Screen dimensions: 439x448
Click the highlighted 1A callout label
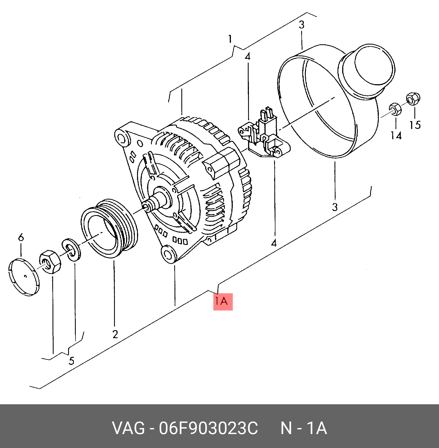click(x=223, y=301)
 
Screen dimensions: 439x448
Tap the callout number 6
click(x=21, y=237)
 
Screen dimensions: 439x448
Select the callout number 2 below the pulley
click(x=115, y=334)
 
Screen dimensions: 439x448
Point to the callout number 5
click(x=71, y=361)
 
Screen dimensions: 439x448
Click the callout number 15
click(x=415, y=125)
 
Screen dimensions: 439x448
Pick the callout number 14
click(x=396, y=136)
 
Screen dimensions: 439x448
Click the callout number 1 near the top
click(x=230, y=39)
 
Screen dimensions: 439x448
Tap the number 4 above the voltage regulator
click(x=248, y=57)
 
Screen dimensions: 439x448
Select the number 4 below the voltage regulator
click(x=274, y=243)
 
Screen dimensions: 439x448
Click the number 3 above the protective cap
click(x=301, y=25)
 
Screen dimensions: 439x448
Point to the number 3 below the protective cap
click(x=335, y=207)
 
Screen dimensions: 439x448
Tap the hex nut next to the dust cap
click(x=50, y=262)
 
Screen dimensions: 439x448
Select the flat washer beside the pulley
click(x=71, y=250)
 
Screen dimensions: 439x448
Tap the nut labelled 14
click(x=395, y=109)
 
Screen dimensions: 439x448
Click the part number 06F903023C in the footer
click(x=208, y=428)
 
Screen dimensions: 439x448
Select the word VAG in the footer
click(x=128, y=428)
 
